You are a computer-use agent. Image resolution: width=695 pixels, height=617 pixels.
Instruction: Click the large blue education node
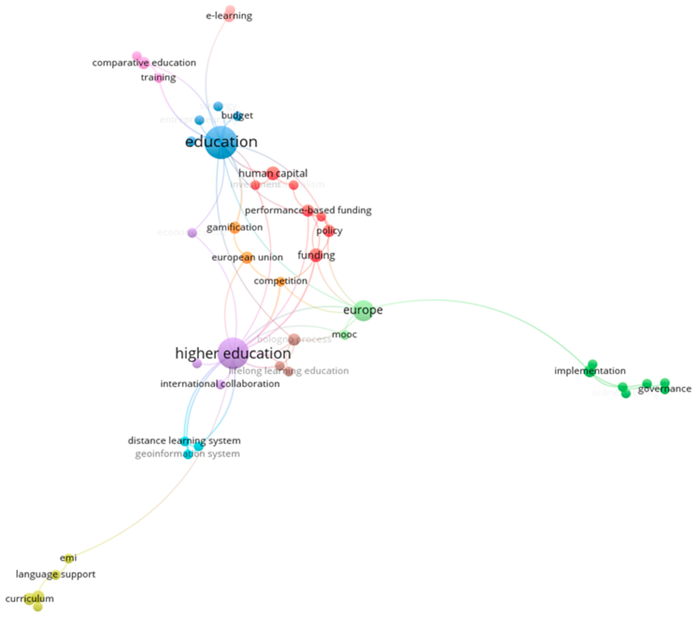[221, 142]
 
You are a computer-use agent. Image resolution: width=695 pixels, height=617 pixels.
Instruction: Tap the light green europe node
[363, 310]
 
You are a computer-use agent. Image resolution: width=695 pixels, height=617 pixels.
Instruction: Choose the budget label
[237, 116]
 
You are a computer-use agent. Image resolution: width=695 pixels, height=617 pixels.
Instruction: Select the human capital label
[273, 173]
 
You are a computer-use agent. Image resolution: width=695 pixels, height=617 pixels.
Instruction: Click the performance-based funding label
[308, 210]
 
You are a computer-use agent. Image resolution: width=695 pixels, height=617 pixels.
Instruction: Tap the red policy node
[329, 231]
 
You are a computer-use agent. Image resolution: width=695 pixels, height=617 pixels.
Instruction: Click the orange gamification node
[235, 227]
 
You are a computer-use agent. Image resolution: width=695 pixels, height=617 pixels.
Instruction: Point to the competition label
[280, 281]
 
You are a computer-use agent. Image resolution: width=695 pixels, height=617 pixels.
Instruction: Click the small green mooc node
[344, 335]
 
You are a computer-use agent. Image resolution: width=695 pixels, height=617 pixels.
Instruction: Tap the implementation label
[590, 371]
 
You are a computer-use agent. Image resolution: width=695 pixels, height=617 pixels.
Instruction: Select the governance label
[664, 389]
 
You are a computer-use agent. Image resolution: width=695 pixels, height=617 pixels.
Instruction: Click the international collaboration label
[220, 384]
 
